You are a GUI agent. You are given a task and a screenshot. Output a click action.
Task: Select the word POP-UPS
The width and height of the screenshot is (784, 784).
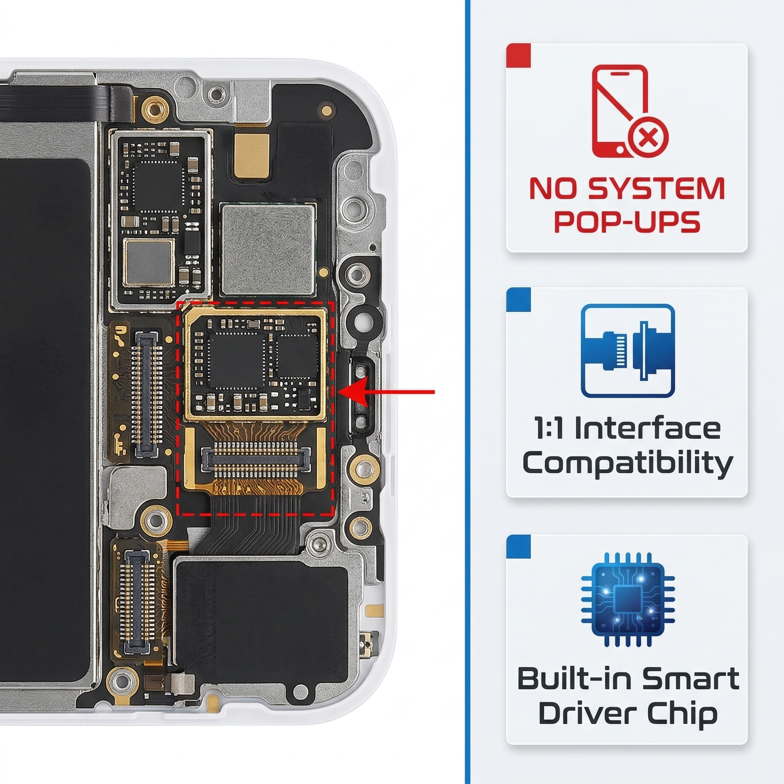[x=627, y=221]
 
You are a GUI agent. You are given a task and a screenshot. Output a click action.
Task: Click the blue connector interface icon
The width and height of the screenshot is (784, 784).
[x=628, y=351]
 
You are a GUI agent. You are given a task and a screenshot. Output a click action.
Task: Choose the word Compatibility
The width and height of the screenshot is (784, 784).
[x=627, y=464]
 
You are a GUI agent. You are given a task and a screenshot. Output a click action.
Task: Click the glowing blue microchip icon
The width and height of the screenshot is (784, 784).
[x=628, y=599]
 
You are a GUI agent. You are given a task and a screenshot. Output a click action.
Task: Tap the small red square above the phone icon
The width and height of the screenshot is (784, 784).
[x=519, y=56]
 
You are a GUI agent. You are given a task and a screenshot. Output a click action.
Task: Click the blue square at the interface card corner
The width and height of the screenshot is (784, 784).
[x=519, y=300]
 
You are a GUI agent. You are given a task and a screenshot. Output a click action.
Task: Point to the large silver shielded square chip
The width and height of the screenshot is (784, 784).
[x=268, y=249]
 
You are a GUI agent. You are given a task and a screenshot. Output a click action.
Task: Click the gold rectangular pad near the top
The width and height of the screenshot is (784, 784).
[x=252, y=156]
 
